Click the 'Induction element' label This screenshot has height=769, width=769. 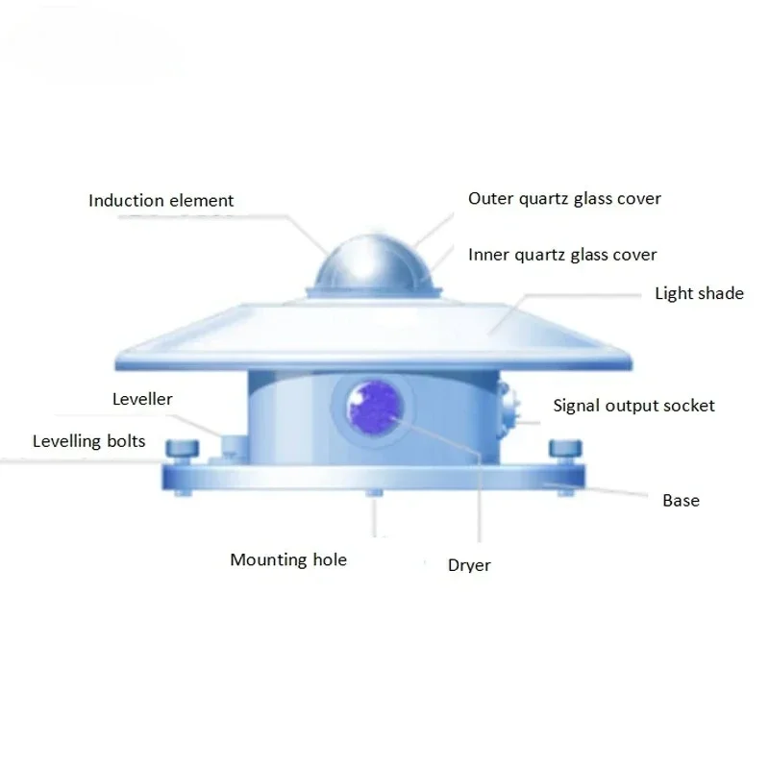pos(161,201)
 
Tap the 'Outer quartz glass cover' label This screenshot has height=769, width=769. pos(564,199)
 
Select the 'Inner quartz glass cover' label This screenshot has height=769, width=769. pos(562,255)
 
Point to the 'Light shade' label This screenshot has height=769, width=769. pos(700,293)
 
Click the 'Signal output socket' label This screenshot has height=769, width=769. pos(633,406)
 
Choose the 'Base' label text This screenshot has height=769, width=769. pos(681,500)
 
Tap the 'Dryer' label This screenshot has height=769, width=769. pos(469,565)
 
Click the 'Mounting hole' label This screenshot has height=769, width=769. pos(288,559)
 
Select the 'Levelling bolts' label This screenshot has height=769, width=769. pos(88,441)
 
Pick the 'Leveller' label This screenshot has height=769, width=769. pos(142,399)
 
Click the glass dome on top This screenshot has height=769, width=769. pos(375,265)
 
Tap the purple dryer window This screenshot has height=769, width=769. pos(375,408)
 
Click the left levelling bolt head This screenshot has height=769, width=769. pos(183,449)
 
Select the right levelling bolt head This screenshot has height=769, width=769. pos(565,448)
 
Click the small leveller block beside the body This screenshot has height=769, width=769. pos(235,447)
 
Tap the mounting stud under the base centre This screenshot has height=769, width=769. pos(375,492)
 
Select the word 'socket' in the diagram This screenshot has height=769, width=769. pos(688,406)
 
